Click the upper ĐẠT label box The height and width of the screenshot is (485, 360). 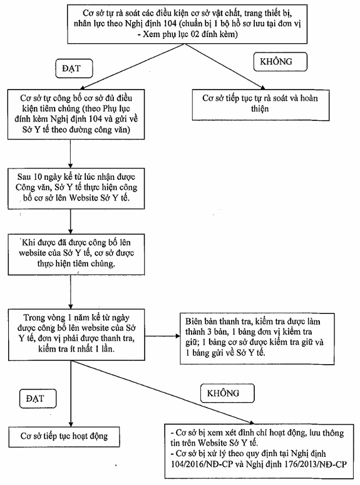(74, 68)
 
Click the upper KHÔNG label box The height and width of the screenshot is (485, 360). (280, 61)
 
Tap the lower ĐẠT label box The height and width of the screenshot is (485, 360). (38, 399)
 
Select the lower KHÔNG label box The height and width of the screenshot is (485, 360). (227, 393)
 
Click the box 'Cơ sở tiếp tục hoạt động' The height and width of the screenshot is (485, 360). (64, 437)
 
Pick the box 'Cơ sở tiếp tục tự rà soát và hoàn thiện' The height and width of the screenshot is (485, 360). (260, 105)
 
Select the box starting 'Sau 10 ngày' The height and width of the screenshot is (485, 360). (76, 189)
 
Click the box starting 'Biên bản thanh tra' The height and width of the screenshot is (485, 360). (257, 338)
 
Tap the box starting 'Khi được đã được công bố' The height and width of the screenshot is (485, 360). (76, 254)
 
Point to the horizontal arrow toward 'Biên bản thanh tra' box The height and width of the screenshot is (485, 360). (162, 336)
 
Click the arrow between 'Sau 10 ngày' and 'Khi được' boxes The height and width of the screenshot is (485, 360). (71, 221)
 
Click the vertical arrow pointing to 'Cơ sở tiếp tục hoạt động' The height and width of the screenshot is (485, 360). (71, 394)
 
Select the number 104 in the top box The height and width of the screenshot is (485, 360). (169, 24)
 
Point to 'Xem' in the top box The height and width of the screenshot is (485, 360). (150, 34)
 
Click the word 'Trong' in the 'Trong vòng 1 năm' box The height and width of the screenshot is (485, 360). (34, 318)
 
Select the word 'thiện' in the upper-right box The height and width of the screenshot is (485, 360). (260, 109)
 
